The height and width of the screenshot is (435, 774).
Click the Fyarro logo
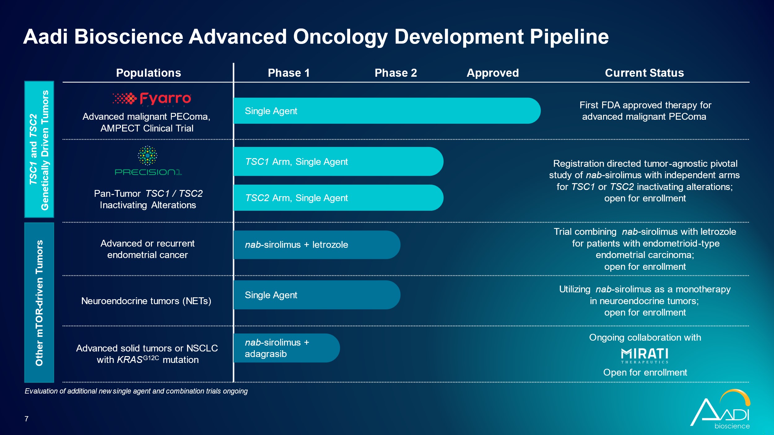152,98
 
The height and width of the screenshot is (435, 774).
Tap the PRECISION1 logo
148,161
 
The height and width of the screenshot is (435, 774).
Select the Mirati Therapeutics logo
645,355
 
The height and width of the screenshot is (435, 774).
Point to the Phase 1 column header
289,73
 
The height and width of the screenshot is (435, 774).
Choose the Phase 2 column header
396,73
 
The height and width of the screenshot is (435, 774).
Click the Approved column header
493,73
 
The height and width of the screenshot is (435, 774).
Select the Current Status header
644,73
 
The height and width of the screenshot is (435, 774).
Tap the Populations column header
148,73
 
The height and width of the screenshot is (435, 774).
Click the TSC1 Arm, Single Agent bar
337,162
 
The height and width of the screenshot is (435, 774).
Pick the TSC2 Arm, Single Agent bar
337,198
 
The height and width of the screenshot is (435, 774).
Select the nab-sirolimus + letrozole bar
316,245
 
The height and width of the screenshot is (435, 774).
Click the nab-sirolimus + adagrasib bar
286,348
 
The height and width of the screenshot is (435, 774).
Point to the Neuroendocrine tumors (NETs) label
146,301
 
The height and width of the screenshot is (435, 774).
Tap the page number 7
27,419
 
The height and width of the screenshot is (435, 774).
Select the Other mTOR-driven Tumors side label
39,303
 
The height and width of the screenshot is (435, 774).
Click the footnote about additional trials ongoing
136,391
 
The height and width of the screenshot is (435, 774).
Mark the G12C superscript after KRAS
151,358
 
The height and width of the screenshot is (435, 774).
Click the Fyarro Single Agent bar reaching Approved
387,111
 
